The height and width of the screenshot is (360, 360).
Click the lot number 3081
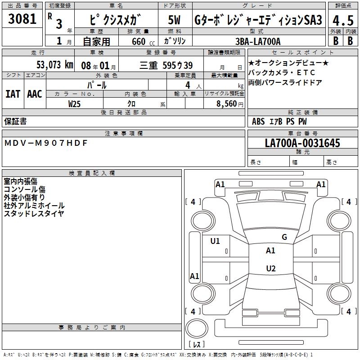point(22,20)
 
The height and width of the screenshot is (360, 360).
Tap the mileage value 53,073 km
point(54,65)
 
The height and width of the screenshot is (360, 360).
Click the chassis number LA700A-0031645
point(302,144)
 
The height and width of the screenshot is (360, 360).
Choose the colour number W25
point(74,103)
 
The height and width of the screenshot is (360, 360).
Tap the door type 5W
point(175,20)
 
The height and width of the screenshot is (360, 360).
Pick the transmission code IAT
point(13,94)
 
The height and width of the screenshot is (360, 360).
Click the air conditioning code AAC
point(35,94)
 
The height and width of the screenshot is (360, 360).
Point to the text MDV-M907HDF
point(45,143)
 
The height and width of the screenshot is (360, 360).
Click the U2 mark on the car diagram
point(270,269)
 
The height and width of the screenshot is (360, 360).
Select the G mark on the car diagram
point(284,237)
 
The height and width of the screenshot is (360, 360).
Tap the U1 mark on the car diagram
point(215,241)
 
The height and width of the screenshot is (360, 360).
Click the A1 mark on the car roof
point(270,251)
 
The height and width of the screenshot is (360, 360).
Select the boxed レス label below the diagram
point(196,345)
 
